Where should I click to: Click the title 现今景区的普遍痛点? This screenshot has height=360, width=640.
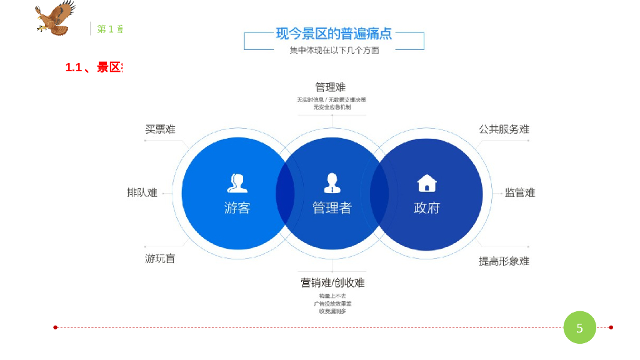(x=334, y=34)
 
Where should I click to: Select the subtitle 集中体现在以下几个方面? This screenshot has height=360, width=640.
(x=334, y=51)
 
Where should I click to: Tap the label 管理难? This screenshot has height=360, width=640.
(x=330, y=87)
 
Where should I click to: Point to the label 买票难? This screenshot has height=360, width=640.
(x=161, y=129)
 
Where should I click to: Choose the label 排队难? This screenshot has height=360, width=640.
(x=142, y=192)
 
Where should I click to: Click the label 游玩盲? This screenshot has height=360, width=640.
(x=160, y=258)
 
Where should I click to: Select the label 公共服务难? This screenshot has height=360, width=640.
(x=504, y=129)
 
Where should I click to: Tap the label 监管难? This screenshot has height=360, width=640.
(x=520, y=192)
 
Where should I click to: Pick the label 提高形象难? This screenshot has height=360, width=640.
(x=504, y=261)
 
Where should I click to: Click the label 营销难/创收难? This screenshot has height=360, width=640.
(x=332, y=282)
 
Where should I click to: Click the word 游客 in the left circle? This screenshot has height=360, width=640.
(x=237, y=208)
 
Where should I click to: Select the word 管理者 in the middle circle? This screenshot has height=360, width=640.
(x=332, y=208)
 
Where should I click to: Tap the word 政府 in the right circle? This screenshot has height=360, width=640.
(x=427, y=208)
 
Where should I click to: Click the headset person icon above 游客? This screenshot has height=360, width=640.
(x=237, y=182)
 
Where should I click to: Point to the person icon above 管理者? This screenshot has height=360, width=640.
(x=332, y=182)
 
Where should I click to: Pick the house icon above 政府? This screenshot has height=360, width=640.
(x=427, y=183)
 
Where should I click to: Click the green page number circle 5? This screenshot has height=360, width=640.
(x=579, y=327)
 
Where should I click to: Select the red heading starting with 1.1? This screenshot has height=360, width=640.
(x=94, y=67)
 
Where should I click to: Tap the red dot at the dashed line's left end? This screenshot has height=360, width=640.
(x=56, y=327)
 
